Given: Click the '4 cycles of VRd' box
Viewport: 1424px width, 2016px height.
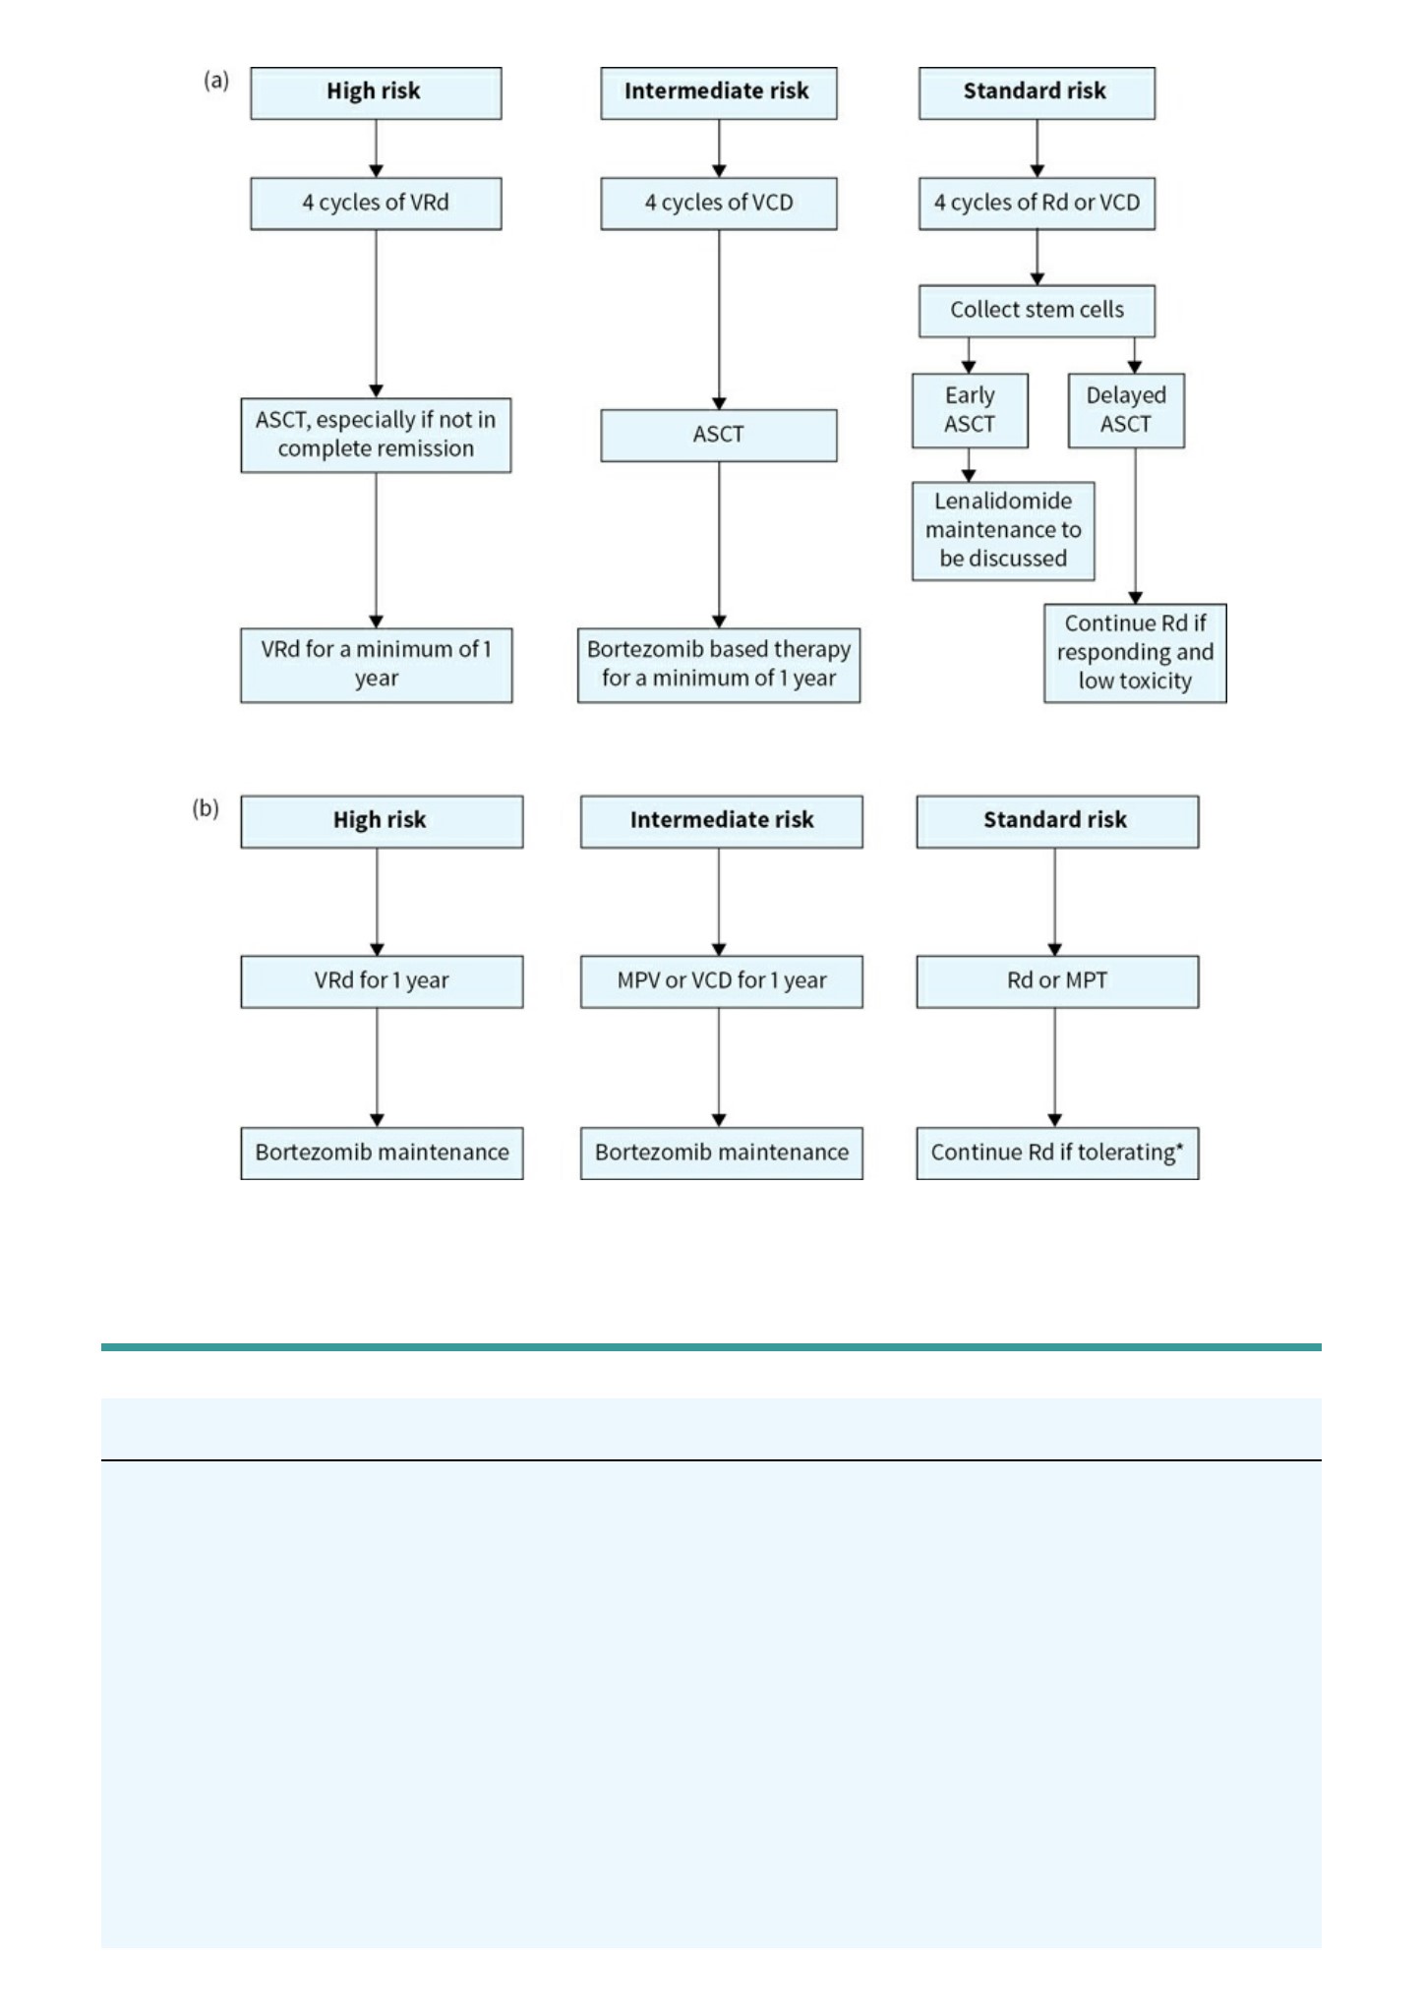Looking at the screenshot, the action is coord(376,204).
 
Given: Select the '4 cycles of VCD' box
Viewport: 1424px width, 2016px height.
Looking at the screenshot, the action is coord(719,204).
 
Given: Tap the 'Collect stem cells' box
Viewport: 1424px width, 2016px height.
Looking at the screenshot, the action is coord(1037,311).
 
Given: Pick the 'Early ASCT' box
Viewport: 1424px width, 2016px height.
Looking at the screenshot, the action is coord(970,410).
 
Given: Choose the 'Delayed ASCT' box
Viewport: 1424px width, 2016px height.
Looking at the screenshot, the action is coord(1126,410).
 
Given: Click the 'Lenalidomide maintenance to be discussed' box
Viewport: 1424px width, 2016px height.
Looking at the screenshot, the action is coord(1003,531).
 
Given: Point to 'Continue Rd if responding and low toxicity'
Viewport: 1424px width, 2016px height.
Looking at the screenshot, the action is coord(1135,653).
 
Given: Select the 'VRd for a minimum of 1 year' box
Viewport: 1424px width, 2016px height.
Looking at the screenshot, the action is coord(376,665).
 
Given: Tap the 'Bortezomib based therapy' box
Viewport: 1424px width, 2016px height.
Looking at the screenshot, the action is coord(719,665).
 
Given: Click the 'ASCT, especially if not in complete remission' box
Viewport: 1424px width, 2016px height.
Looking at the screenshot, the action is coord(376,435).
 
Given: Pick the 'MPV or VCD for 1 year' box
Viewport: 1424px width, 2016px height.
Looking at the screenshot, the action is coord(722,981).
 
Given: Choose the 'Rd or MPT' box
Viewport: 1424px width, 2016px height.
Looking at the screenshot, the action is coord(1057,981).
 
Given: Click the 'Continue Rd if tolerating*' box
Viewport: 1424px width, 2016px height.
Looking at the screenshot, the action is coord(1057,1153).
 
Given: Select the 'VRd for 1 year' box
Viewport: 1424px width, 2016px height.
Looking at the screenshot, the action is coord(382,981).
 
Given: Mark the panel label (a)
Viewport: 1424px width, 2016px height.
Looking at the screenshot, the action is coord(216,81).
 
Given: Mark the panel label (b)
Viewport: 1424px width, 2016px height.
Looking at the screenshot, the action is coord(206,808).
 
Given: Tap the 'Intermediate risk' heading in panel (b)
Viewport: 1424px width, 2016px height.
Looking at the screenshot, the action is coord(722,821).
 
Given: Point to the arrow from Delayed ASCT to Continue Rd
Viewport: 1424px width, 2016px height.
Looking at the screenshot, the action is coord(1135,526).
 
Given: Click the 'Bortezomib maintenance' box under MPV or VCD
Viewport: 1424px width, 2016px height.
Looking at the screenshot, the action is coord(722,1153).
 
